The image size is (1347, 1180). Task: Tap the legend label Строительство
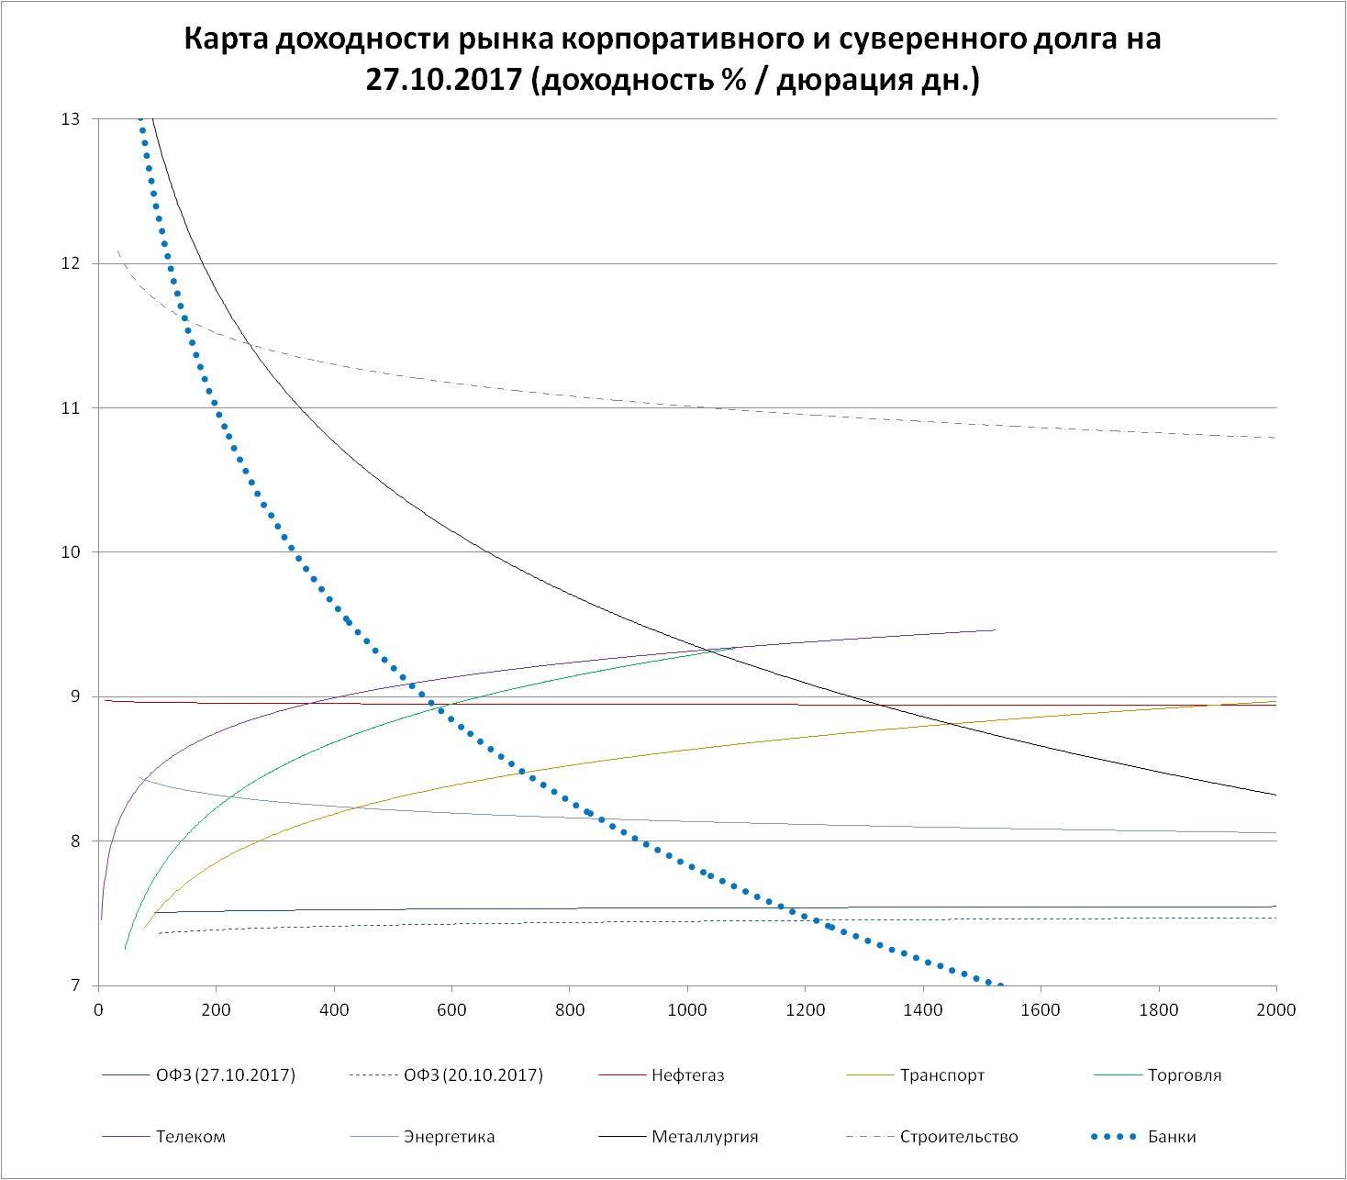(x=958, y=1137)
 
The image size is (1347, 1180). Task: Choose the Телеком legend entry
(x=190, y=1137)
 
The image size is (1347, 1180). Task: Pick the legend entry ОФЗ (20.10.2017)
(x=473, y=1075)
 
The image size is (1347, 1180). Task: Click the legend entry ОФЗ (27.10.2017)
(x=225, y=1075)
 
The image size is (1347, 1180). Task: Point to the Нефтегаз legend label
(x=687, y=1075)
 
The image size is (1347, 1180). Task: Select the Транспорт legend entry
(x=941, y=1075)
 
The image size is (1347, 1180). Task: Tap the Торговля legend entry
(x=1184, y=1075)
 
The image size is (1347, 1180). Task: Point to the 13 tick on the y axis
(x=71, y=119)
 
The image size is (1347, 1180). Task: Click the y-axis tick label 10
(x=71, y=552)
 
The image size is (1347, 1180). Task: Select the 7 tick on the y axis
(x=75, y=985)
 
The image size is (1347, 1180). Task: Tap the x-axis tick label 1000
(x=687, y=1010)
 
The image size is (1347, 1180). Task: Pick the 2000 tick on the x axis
(x=1276, y=1010)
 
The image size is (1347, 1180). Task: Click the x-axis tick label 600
(x=451, y=1010)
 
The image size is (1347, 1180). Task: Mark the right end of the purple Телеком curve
(x=995, y=630)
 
